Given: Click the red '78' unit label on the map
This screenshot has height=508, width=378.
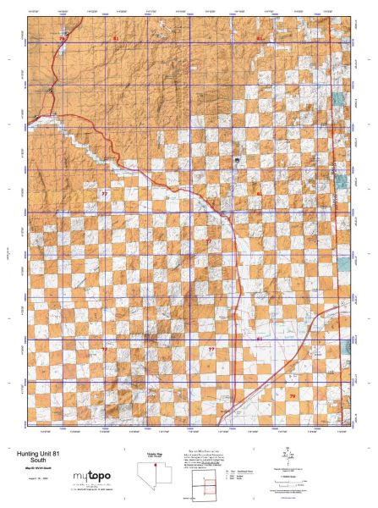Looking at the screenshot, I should click(62, 40).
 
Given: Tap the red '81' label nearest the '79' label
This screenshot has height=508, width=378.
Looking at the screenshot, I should click(260, 339).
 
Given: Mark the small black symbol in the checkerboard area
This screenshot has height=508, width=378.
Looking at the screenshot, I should click(238, 158).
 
